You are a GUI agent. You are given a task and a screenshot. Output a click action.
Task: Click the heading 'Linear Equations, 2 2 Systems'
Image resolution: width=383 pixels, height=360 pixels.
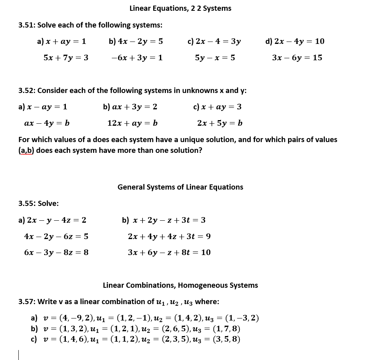coord(180,8)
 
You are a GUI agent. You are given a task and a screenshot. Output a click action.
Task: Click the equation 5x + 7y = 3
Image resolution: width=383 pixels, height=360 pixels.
coord(66,58)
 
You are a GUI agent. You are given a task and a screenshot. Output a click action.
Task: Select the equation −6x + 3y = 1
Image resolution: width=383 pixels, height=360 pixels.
coord(137,58)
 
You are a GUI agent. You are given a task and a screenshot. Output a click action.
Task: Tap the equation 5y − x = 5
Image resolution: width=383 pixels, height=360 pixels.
coord(215,58)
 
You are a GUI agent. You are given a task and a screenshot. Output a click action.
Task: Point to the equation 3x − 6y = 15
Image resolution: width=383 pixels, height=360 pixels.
coord(297,58)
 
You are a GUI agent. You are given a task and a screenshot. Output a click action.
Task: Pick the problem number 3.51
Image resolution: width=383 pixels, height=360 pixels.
coord(27,25)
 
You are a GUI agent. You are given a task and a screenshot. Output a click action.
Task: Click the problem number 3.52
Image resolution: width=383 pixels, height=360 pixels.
coord(27,91)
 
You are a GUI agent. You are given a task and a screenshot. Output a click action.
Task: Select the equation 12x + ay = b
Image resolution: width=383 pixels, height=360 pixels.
coord(132,123)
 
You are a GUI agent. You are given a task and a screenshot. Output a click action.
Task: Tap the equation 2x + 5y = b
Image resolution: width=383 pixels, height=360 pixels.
coord(220,123)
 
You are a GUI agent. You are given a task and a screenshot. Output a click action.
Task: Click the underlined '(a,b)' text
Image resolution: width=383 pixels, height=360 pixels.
coord(26,150)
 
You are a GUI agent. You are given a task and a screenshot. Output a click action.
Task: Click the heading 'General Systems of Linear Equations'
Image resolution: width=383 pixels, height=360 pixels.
coord(180,187)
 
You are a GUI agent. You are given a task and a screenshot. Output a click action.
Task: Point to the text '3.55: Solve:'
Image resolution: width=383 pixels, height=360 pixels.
coord(39,204)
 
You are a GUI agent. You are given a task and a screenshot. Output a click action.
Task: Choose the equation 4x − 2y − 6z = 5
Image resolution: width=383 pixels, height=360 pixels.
coord(56,236)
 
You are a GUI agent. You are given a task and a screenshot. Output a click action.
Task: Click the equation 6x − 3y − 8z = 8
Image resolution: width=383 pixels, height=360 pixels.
coord(56,253)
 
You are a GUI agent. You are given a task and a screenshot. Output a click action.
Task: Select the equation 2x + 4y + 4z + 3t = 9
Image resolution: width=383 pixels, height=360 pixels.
coord(169,236)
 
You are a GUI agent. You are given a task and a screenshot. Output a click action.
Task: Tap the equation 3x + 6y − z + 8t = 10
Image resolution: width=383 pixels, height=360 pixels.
coord(169,253)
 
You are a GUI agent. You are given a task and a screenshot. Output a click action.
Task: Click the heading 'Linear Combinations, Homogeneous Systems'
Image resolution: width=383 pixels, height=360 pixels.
coord(180,285)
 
